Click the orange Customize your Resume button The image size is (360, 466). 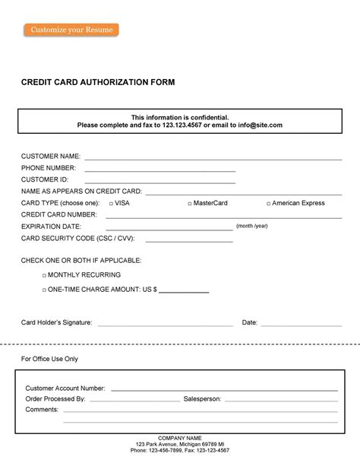(x=71, y=30)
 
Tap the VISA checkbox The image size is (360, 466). (x=112, y=204)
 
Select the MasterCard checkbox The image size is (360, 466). (x=190, y=204)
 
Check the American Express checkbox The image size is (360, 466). (x=269, y=204)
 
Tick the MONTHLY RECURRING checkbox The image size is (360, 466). (x=44, y=275)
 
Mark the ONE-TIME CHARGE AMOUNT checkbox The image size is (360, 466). (x=44, y=290)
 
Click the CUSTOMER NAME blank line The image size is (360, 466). (x=213, y=159)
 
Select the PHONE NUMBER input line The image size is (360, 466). (x=159, y=171)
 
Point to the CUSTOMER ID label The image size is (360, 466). (x=45, y=179)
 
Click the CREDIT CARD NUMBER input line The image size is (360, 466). (x=223, y=217)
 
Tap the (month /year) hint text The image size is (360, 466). (x=252, y=226)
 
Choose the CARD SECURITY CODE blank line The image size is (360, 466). (x=188, y=241)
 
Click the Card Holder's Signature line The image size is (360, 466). (x=165, y=325)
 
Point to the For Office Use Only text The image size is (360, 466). (x=49, y=359)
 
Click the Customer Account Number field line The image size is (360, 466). (x=224, y=390)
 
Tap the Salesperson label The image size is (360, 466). (x=202, y=398)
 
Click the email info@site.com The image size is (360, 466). (x=260, y=125)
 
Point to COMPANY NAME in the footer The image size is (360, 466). (x=180, y=439)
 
